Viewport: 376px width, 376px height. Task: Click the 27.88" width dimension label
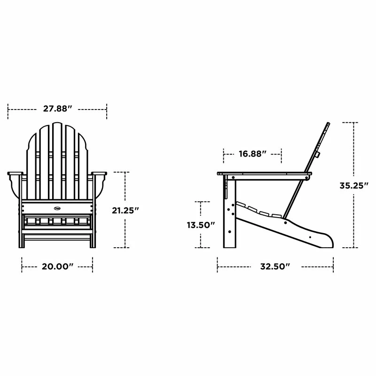point(57,109)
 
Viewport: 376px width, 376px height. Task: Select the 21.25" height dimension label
point(125,211)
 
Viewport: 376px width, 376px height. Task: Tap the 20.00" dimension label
point(57,266)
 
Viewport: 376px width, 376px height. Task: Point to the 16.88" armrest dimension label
point(252,153)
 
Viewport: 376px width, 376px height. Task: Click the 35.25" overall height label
point(353,185)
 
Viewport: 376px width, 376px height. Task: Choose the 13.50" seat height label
point(201,225)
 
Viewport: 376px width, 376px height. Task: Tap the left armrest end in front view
point(15,175)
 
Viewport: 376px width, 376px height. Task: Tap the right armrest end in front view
point(100,175)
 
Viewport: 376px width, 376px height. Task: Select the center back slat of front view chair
point(57,160)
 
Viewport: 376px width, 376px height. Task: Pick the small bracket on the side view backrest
point(318,154)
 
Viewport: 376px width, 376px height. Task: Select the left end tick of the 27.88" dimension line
point(8,109)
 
